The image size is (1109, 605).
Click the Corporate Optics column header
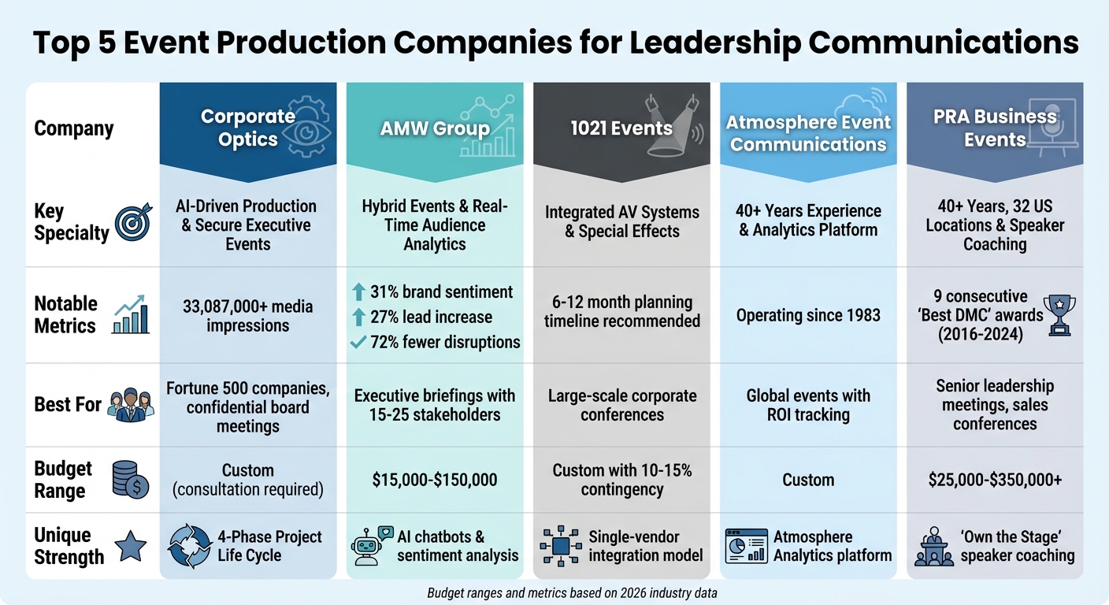pos(248,128)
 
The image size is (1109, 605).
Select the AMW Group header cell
pos(435,128)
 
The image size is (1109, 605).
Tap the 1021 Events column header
pos(621,128)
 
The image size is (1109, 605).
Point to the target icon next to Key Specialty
pos(131,222)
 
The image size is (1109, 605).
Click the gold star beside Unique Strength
pos(130,546)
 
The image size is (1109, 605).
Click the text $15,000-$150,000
pos(435,480)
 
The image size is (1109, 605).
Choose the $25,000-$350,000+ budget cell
pos(995,480)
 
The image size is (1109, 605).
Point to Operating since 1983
pos(808,315)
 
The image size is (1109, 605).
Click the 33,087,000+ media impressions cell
pos(248,315)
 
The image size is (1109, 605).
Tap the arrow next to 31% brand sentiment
pos(358,292)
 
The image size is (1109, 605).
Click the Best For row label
pos(68,405)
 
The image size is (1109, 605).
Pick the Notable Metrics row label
pos(66,315)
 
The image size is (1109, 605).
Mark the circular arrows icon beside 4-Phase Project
pos(189,546)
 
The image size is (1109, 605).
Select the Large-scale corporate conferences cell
pos(621,405)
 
